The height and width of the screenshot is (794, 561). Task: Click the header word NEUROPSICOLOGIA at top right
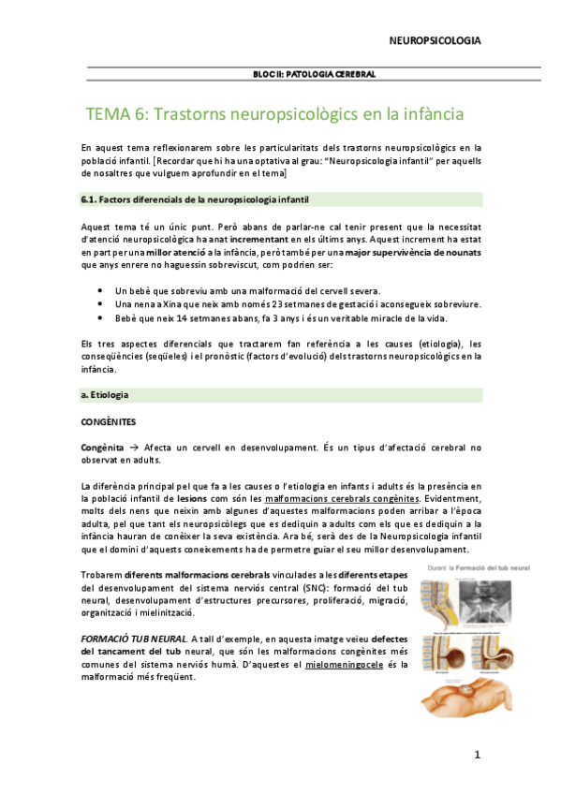coord(436,41)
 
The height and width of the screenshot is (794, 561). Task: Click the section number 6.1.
coord(90,199)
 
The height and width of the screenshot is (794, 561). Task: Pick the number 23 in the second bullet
coord(239,304)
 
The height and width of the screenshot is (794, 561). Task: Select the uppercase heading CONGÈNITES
coord(109,422)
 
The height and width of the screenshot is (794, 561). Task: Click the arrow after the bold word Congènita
coord(133,448)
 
